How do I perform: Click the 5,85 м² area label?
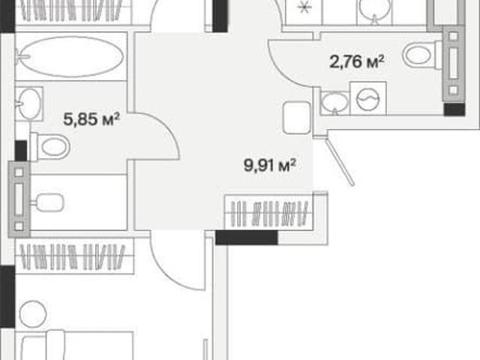coord(91,119)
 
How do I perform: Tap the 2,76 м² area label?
coord(357,61)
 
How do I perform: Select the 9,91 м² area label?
coord(270,165)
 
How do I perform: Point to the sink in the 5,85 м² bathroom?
coord(29,103)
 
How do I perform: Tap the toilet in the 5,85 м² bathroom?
coord(50,147)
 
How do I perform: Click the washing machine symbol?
coord(368,98)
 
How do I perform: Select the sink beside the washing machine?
coord(335,103)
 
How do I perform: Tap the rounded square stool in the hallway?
coord(297,118)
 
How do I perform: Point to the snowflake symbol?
coord(304,8)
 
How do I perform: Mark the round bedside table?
coord(33,313)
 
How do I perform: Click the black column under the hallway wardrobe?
coord(247,238)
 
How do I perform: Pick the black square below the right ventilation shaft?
coord(454,109)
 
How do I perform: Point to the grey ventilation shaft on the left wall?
coord(19,199)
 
